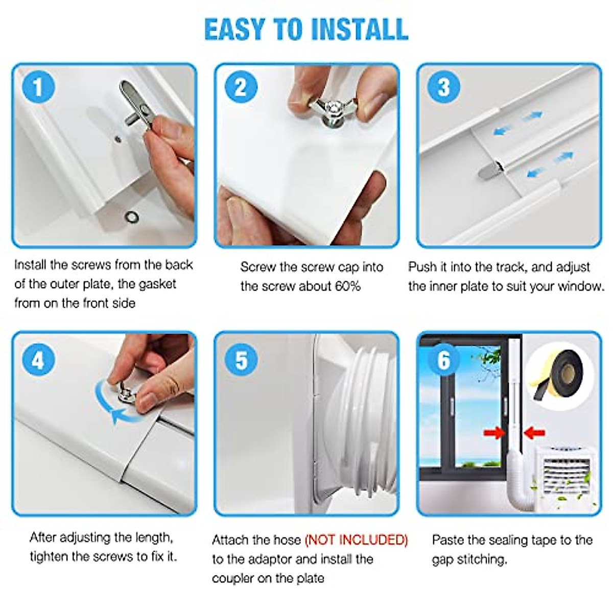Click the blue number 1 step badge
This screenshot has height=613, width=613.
click(38, 87)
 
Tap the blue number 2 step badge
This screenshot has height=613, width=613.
click(241, 87)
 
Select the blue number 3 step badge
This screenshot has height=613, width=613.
click(443, 87)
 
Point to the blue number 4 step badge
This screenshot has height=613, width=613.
click(38, 361)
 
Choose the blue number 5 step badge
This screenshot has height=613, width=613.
click(241, 361)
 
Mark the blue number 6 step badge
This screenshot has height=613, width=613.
click(443, 361)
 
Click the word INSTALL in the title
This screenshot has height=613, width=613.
click(359, 29)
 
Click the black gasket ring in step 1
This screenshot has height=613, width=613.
click(132, 216)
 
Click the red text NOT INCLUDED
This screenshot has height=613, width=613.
click(356, 540)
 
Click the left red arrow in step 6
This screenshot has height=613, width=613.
click(494, 432)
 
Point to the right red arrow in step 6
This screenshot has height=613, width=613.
click(535, 432)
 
